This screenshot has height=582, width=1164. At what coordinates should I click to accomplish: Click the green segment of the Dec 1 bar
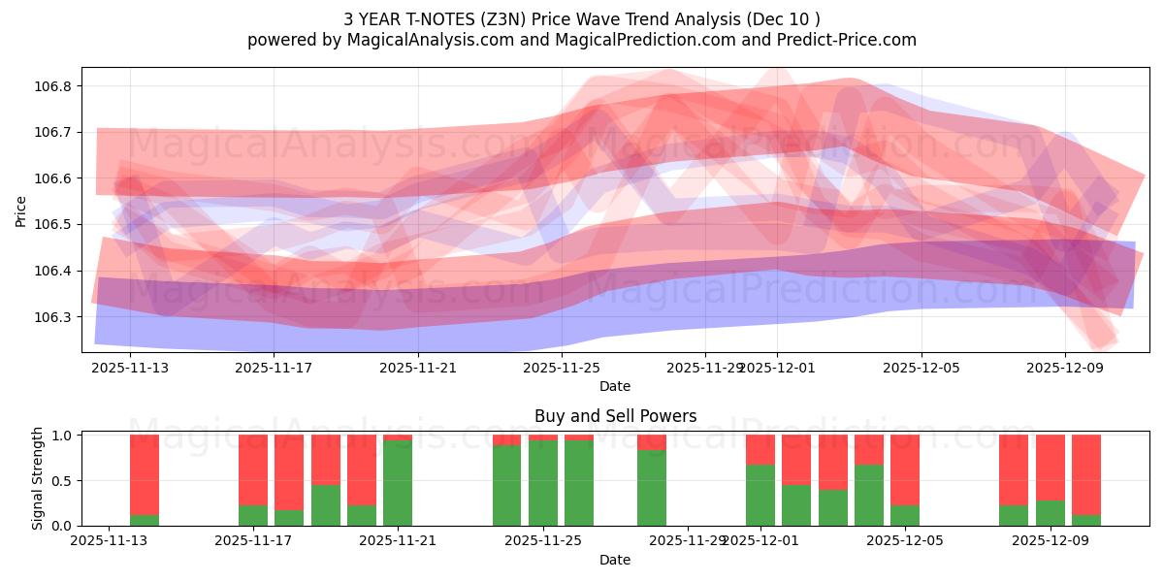(760, 495)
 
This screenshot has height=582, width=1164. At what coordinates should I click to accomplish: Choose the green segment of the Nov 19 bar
(326, 504)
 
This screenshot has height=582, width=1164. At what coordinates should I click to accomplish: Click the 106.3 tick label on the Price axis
(54, 317)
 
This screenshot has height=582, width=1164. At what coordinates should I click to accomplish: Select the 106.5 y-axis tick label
(54, 225)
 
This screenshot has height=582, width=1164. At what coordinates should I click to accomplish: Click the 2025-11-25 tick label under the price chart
(562, 368)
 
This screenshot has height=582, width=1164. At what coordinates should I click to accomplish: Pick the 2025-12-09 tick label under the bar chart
(1051, 541)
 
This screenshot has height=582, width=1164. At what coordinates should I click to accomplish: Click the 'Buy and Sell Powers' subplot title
(615, 416)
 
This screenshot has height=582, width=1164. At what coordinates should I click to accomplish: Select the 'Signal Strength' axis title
(38, 478)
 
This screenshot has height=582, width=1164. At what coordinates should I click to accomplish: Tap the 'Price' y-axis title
(21, 211)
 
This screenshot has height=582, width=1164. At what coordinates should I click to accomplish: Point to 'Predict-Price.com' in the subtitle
(848, 40)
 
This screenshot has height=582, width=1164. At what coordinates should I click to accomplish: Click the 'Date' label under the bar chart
(615, 560)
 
